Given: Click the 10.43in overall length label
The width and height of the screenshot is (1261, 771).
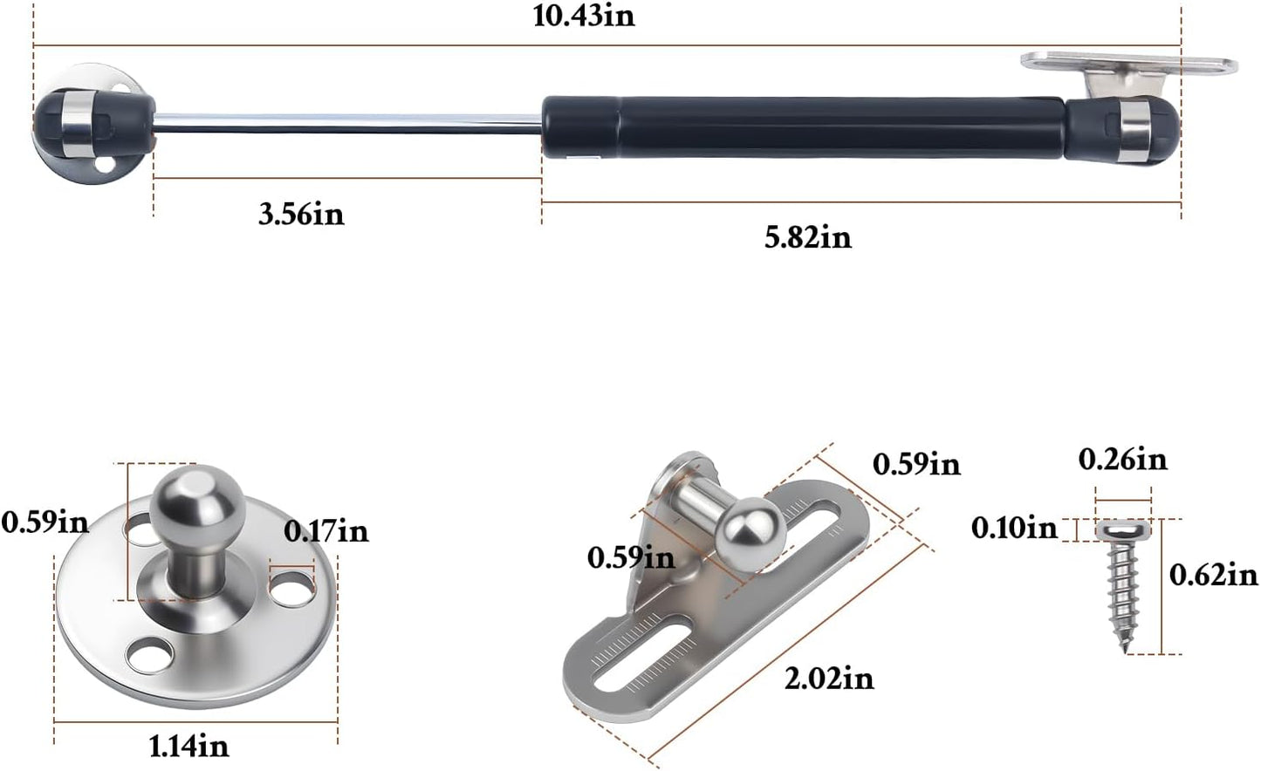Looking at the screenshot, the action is point(584,17).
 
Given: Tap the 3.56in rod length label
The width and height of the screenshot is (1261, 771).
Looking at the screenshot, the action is point(301,215).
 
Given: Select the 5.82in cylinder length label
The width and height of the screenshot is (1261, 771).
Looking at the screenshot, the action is point(808,237).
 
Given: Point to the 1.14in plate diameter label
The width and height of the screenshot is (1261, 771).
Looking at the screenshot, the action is point(188,747).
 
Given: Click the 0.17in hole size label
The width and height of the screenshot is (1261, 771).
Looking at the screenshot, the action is point(326,531).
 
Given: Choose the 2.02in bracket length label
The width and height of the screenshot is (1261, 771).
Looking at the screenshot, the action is point(829,679).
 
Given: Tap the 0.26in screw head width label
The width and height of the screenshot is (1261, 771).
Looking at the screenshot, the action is point(1123,460).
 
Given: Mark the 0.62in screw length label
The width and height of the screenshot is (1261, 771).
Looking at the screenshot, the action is point(1214,575).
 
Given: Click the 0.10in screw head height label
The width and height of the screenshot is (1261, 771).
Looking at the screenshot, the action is point(1014,529).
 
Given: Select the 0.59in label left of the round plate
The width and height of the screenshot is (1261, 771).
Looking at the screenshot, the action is point(45,522).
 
